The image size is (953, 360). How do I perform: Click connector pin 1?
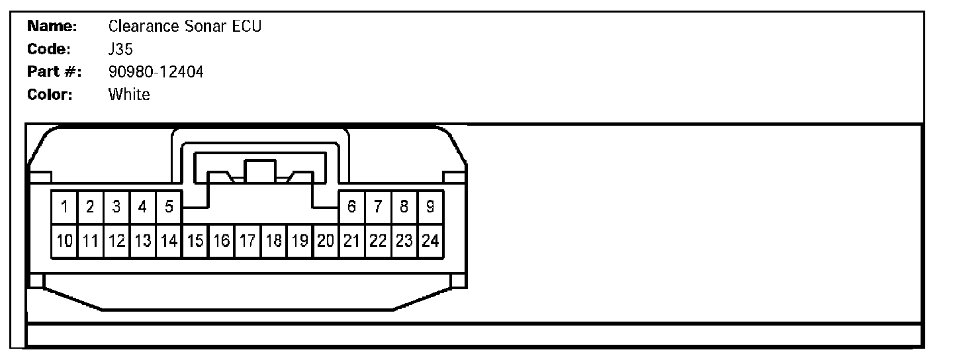coord(64,206)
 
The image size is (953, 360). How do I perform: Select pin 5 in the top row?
coord(169,206)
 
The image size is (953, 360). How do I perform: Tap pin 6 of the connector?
coord(352,206)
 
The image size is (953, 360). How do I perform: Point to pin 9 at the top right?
coord(430,206)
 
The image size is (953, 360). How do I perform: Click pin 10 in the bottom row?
coord(64,241)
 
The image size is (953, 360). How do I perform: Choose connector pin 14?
coord(169,241)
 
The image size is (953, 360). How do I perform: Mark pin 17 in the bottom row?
coord(248,241)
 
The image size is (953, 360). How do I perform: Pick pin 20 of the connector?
coord(326,241)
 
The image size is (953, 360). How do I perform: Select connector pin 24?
coord(430,241)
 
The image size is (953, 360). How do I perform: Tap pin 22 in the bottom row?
coord(378,241)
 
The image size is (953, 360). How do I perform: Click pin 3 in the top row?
coord(116,206)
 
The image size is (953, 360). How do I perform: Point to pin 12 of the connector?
coord(116,241)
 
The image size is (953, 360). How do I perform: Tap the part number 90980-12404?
coord(156,71)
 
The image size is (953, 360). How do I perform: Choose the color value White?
coord(129,94)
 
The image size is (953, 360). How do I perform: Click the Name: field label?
coord(53,26)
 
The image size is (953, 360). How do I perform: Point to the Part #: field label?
coord(54,71)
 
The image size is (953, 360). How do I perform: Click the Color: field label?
coord(50,94)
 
